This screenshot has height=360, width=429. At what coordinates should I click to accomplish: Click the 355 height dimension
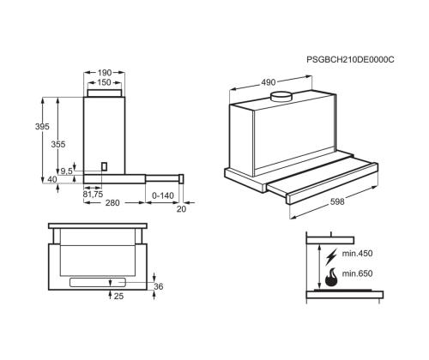tap(58, 146)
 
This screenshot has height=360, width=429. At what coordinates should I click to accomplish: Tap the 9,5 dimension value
tap(66, 171)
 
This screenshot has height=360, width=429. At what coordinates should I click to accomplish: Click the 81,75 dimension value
tap(93, 194)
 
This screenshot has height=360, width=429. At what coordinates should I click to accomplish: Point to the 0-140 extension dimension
tap(163, 195)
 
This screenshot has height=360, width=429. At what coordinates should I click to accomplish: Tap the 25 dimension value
tap(118, 297)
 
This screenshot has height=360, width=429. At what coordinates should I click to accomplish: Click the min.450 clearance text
tap(356, 254)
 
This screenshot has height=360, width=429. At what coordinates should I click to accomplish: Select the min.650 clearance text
tap(356, 273)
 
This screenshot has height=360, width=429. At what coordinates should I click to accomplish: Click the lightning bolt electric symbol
tap(330, 255)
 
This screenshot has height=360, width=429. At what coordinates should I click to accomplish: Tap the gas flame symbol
tap(330, 276)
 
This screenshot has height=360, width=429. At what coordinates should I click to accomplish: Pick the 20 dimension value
tap(182, 209)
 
